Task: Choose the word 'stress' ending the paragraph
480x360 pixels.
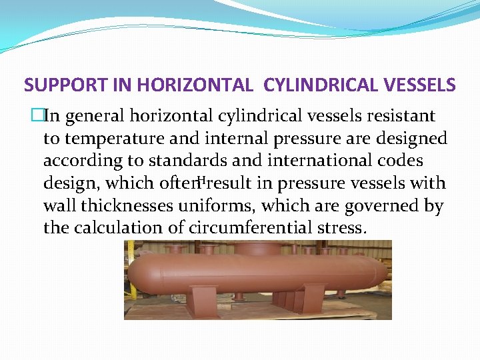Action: coord(343,228)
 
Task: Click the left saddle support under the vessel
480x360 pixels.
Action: coord(200,297)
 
